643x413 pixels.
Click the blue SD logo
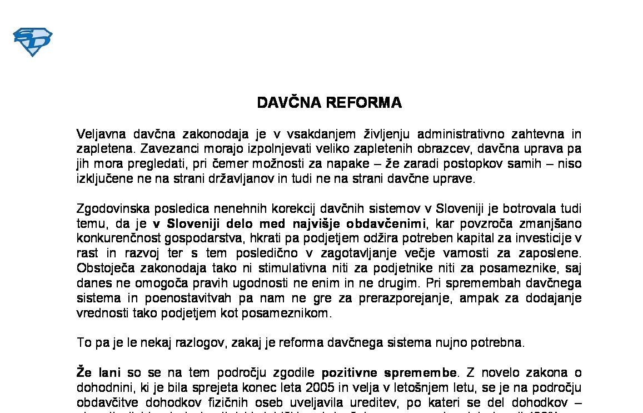pyautogui.click(x=32, y=42)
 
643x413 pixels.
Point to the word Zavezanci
pyautogui.click(x=166, y=149)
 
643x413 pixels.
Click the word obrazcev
pyautogui.click(x=421, y=149)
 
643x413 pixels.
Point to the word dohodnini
pyautogui.click(x=102, y=387)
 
